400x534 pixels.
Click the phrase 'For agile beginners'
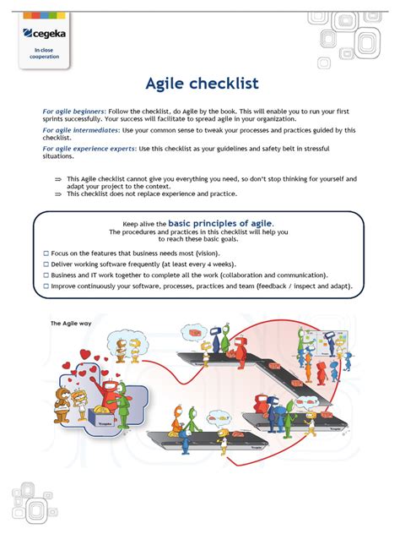74,112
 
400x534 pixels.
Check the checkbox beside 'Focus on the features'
46,253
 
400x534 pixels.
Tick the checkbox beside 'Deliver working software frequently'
46,264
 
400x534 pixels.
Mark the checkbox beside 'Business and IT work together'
46,275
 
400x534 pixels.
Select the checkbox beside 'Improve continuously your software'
46,286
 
